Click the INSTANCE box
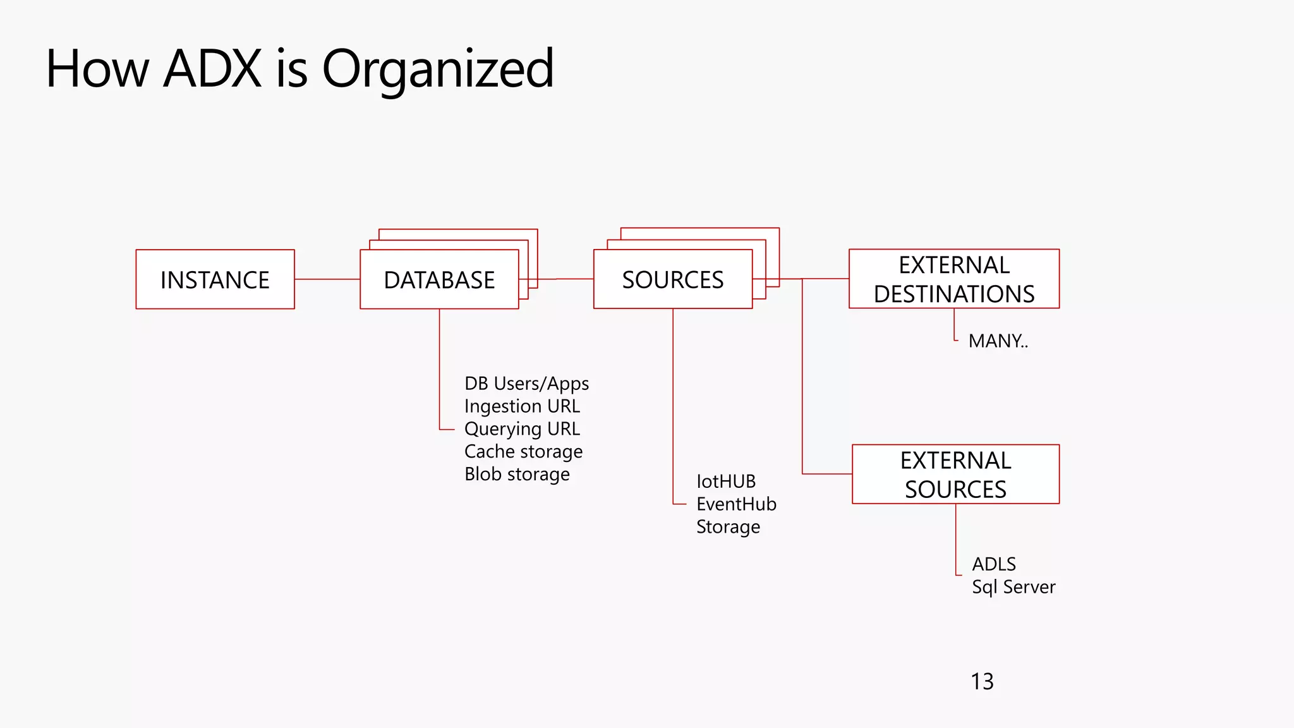tap(215, 279)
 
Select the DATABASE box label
tap(439, 280)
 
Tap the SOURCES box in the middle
tap(673, 279)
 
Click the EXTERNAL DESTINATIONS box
tap(954, 279)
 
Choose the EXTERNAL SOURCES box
tap(955, 475)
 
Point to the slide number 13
tap(982, 681)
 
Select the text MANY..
tap(998, 341)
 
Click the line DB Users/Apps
tap(526, 384)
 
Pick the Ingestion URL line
tap(522, 406)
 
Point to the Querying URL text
tap(522, 429)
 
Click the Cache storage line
tap(523, 452)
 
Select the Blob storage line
tap(517, 475)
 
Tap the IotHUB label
tap(726, 482)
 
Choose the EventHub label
tap(736, 504)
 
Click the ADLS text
tap(994, 564)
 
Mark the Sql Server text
tap(1013, 587)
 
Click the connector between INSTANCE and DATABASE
tap(327, 279)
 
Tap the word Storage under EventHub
tap(728, 527)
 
